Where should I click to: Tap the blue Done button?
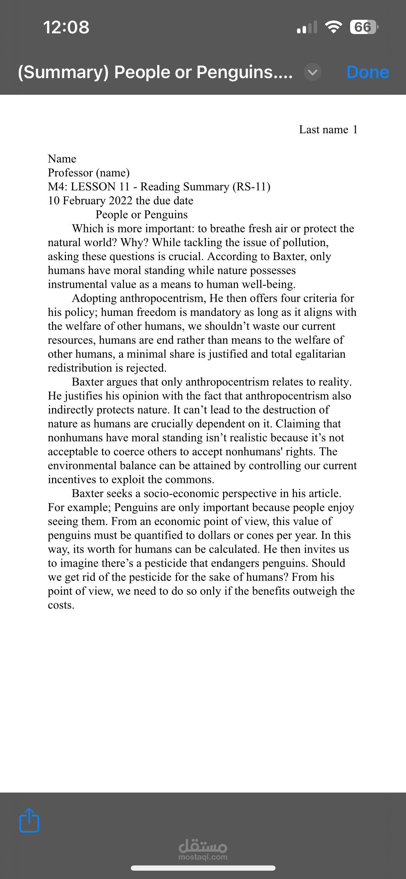[367, 72]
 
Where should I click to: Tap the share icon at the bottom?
[29, 820]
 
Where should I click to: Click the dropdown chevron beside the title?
[312, 72]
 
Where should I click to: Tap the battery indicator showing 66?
[363, 27]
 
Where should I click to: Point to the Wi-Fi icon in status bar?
[333, 27]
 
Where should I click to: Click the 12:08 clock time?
[66, 27]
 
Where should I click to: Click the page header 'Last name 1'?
[328, 129]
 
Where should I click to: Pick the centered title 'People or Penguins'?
[142, 215]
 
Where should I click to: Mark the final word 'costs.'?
[61, 605]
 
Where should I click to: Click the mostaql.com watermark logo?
[203, 850]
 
